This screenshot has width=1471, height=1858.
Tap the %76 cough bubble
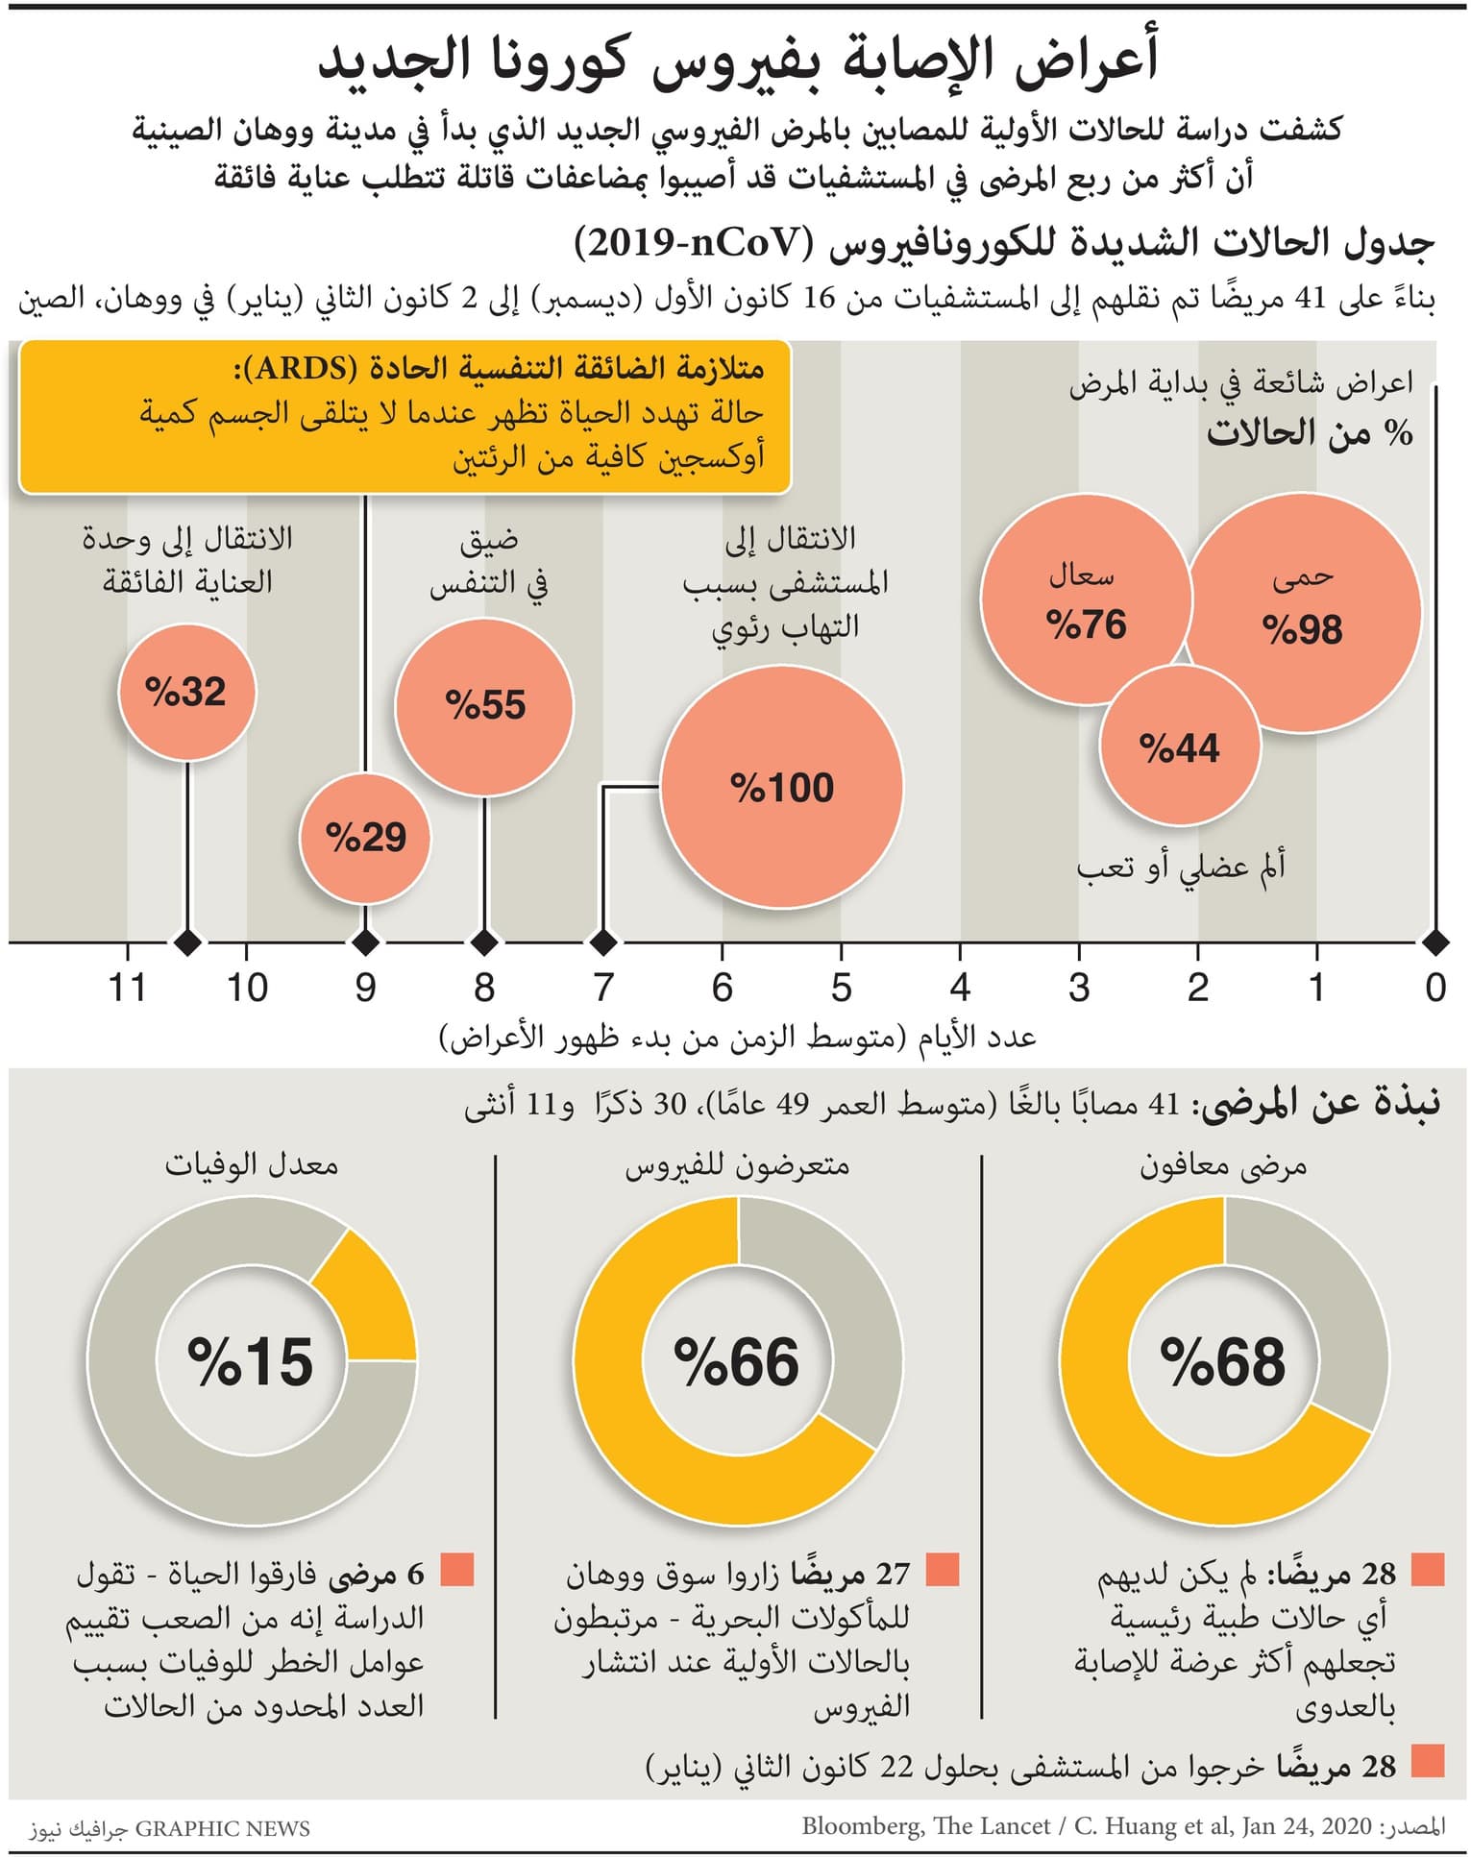click(x=1086, y=600)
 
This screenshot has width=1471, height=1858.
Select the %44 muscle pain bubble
click(x=1179, y=747)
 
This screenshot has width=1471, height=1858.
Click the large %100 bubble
click(x=781, y=787)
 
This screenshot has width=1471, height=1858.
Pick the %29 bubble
click(x=365, y=838)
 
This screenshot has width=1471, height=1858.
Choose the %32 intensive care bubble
click(x=186, y=692)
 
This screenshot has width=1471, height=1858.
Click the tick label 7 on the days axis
click(x=602, y=988)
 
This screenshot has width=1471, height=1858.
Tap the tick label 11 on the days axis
click(x=127, y=988)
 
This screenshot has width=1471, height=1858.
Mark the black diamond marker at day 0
click(x=1434, y=942)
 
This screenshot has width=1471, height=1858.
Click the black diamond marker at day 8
click(x=484, y=942)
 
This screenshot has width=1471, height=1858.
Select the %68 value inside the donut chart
click(x=1223, y=1361)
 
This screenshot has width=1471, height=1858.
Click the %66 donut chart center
click(x=737, y=1361)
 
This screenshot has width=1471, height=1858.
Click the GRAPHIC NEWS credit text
click(x=222, y=1828)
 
